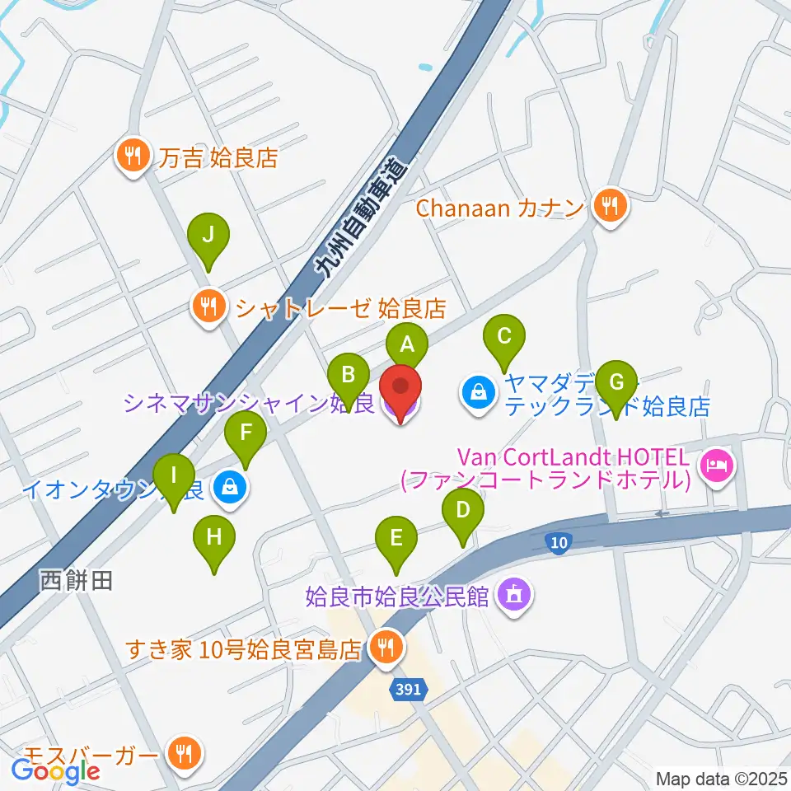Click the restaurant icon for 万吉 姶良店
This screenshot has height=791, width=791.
(133, 154)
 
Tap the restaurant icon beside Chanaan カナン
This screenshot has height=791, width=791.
(610, 205)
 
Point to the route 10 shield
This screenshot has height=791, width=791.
(559, 541)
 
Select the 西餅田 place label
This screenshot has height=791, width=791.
(75, 581)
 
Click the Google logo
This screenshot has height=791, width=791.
(55, 770)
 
